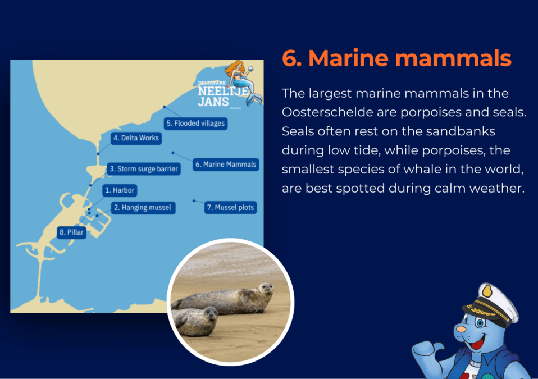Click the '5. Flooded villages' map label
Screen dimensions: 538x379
coord(195,124)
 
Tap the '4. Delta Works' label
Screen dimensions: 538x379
coord(136,138)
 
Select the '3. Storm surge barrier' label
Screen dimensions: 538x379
coord(144,169)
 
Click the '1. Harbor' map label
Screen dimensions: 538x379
coord(120,190)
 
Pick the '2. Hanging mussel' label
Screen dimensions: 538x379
coord(143,208)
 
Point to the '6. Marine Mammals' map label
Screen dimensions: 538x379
coord(226,165)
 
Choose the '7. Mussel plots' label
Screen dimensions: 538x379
coord(231,208)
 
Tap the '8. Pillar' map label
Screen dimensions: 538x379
coord(71,232)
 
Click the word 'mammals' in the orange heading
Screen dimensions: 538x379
coord(453,58)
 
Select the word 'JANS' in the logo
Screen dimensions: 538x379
coord(213,102)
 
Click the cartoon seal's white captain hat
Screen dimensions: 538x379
coord(491,304)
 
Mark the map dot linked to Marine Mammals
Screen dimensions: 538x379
coord(173,153)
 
